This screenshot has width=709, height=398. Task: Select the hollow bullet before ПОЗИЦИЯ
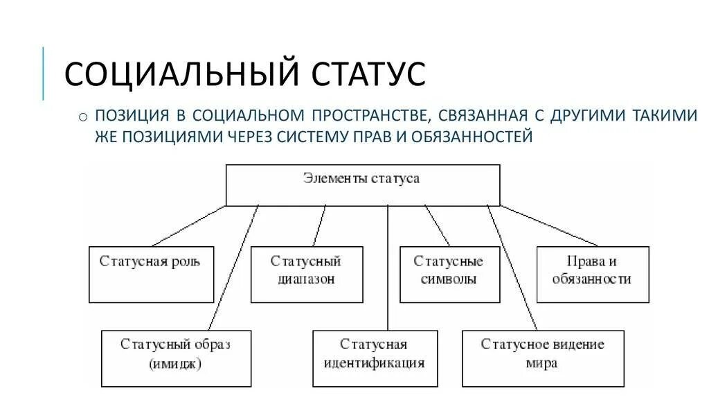83,116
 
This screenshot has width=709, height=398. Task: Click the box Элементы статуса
363,184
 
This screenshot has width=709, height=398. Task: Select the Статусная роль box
152,274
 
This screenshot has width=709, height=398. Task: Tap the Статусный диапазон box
306,274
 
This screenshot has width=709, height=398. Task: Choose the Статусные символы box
449,274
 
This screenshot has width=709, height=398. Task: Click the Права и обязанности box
593,274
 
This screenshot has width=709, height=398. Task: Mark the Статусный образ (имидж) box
176,358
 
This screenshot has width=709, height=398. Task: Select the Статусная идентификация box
375,358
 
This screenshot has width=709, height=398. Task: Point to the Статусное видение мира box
543,358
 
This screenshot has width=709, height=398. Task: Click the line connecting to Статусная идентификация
388,270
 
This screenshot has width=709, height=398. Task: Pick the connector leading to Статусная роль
188,226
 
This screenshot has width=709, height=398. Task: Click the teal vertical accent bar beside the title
44,73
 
